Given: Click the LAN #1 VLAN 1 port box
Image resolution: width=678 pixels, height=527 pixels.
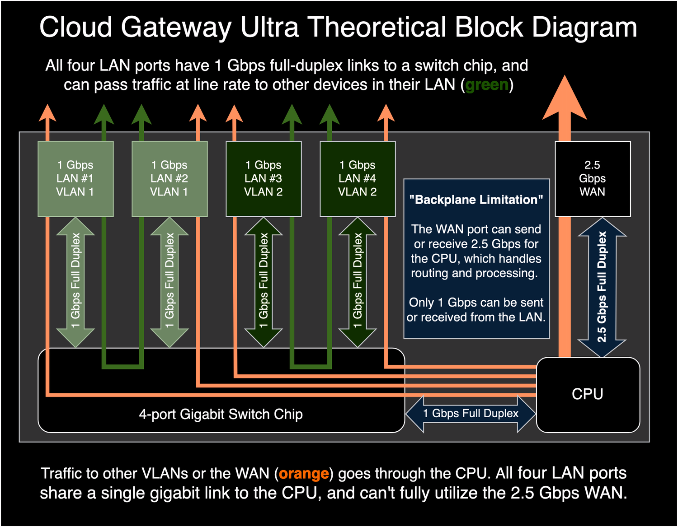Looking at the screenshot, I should (75, 179).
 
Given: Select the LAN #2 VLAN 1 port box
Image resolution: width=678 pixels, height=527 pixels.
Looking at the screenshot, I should (169, 179).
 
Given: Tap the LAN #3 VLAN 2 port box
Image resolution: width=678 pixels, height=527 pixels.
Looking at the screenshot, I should (263, 179).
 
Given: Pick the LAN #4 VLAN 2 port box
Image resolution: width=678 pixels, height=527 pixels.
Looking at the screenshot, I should (357, 179).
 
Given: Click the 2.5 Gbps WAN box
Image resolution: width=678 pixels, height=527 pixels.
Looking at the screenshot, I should (592, 179).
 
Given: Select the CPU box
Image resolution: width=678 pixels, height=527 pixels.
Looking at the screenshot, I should (588, 394).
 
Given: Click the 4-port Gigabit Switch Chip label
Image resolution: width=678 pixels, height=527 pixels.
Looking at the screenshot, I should (221, 414).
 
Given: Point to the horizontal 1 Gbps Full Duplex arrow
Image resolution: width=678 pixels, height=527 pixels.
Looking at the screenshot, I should (471, 414).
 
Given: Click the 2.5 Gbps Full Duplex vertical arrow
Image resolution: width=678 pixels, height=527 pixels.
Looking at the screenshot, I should (602, 287).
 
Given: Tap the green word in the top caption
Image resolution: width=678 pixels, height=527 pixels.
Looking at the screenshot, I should (487, 85).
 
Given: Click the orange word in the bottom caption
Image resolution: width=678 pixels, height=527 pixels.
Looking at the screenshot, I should (304, 474).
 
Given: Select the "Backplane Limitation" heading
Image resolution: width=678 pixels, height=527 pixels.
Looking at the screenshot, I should (476, 200).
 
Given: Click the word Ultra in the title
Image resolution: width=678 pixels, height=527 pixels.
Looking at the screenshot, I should (269, 27).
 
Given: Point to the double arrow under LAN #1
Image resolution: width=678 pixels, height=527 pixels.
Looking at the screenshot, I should (75, 282).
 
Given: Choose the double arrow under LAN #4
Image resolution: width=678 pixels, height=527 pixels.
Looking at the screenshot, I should (357, 282).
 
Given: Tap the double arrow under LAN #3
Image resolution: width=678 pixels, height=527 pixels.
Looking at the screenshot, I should (263, 282).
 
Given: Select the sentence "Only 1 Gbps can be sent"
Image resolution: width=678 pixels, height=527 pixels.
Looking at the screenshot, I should (476, 303).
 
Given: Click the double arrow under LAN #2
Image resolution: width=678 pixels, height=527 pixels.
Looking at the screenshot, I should (169, 282).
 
